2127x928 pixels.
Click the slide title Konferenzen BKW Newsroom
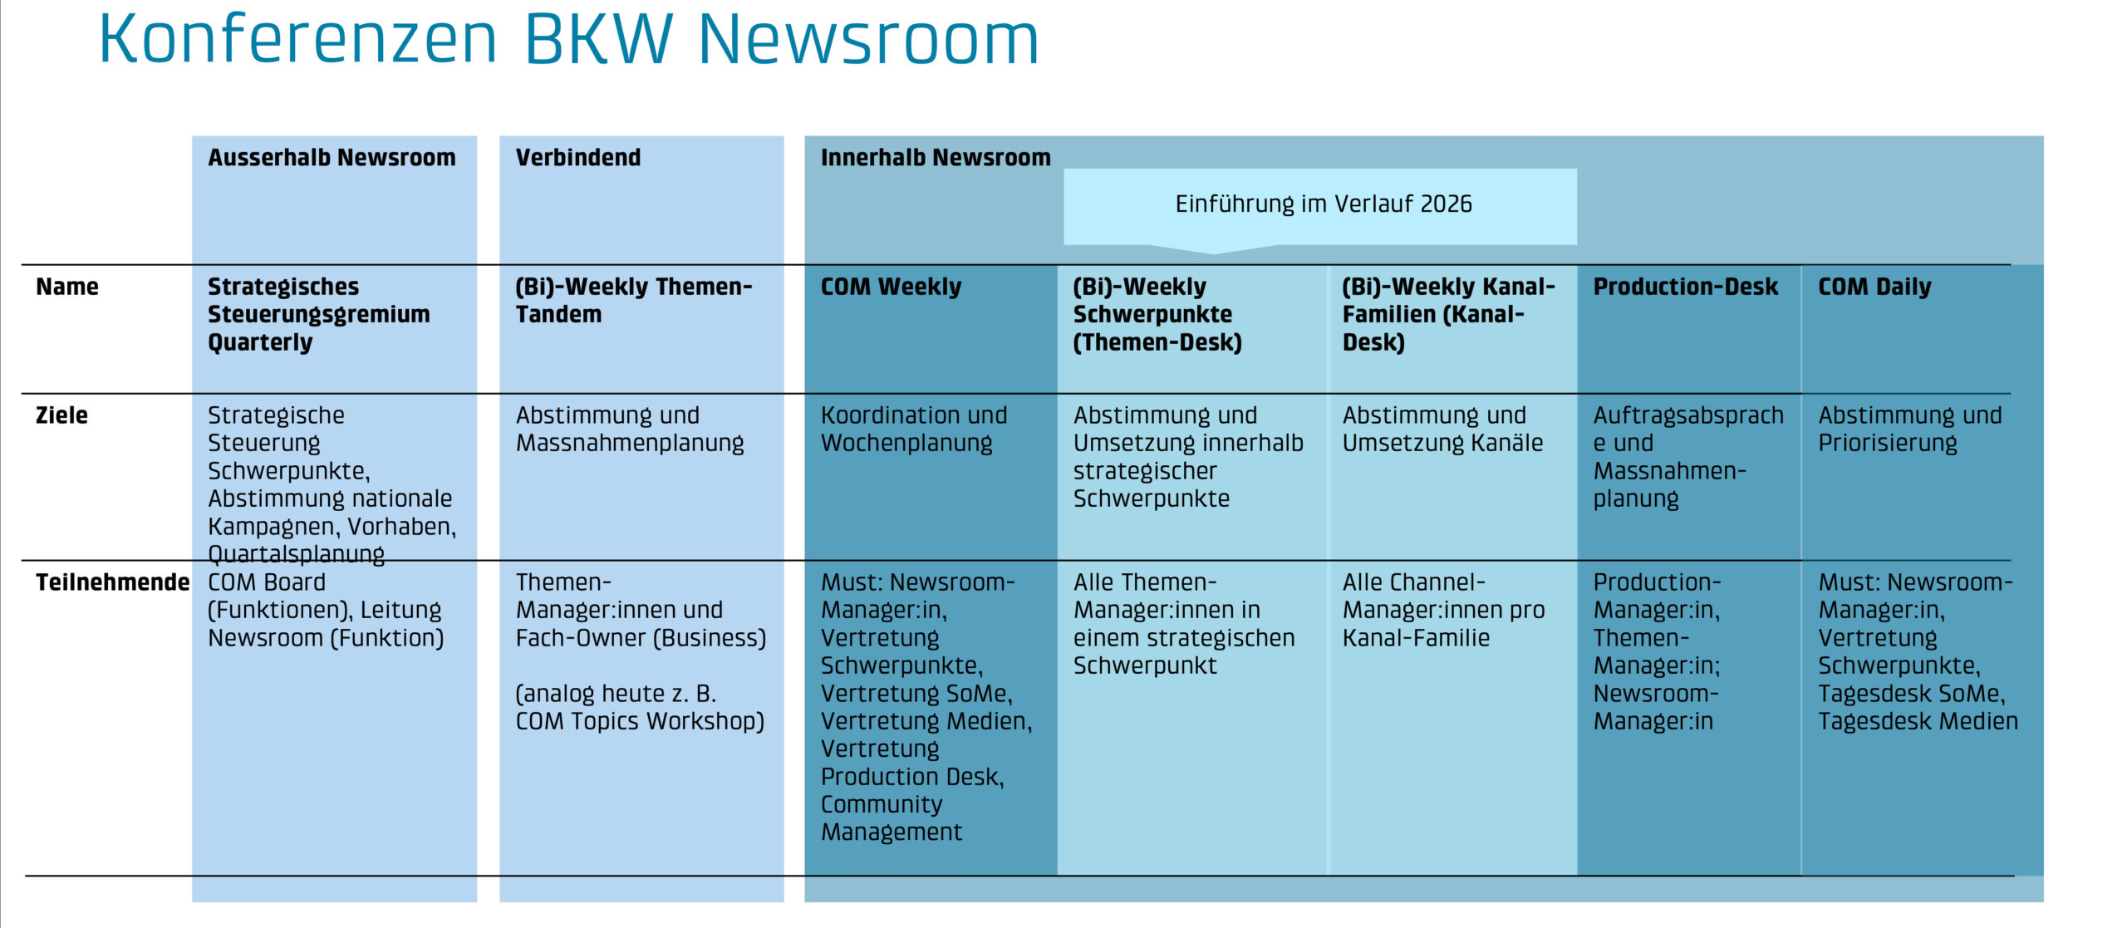pyautogui.click(x=568, y=39)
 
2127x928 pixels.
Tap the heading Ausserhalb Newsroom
pyautogui.click(x=332, y=158)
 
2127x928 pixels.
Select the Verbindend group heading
pyautogui.click(x=578, y=158)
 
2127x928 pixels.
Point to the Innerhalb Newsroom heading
pyautogui.click(x=936, y=158)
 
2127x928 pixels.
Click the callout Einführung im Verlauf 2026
pyautogui.click(x=1323, y=204)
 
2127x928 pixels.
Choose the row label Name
pyautogui.click(x=67, y=287)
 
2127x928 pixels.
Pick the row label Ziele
pyautogui.click(x=61, y=415)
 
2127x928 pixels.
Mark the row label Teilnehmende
pyautogui.click(x=112, y=582)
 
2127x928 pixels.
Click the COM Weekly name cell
pyautogui.click(x=891, y=287)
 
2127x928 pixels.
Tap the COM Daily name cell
pyautogui.click(x=1874, y=287)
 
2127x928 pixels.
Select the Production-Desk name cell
pyautogui.click(x=1685, y=287)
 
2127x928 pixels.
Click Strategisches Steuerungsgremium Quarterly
pyautogui.click(x=318, y=315)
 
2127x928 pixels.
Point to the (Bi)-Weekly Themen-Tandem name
pyautogui.click(x=633, y=301)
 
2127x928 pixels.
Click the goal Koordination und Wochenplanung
pyautogui.click(x=913, y=430)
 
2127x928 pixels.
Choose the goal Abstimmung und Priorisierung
pyautogui.click(x=1909, y=430)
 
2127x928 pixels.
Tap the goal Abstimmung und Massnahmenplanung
pyautogui.click(x=629, y=430)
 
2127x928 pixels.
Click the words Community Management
pyautogui.click(x=891, y=818)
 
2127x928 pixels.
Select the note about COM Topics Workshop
pyautogui.click(x=640, y=708)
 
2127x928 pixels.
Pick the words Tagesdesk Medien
pyautogui.click(x=1918, y=722)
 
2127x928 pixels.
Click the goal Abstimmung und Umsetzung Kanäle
pyautogui.click(x=1442, y=430)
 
